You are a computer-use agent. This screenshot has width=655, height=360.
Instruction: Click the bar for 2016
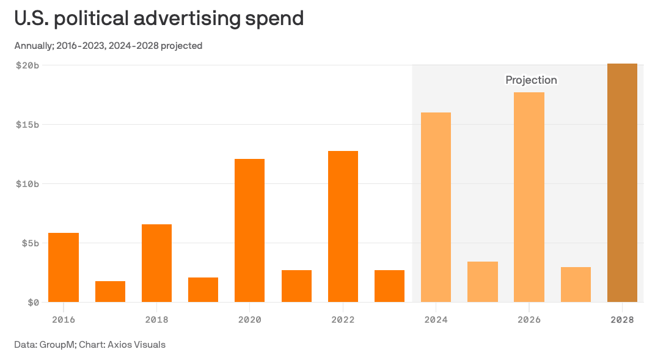tap(64, 267)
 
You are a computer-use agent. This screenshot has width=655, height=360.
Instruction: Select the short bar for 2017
tap(110, 292)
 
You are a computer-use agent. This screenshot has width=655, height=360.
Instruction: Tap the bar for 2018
tap(156, 263)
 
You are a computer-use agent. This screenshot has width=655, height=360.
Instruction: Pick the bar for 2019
tap(203, 290)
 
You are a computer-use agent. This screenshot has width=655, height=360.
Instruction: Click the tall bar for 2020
tap(250, 230)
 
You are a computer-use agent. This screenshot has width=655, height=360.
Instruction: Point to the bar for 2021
tap(296, 286)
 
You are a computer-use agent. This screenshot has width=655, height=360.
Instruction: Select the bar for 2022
tap(343, 226)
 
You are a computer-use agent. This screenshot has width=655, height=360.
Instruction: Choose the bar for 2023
tap(389, 286)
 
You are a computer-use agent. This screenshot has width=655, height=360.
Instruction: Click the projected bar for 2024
tap(436, 207)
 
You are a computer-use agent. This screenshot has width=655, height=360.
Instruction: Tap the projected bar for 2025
tap(483, 282)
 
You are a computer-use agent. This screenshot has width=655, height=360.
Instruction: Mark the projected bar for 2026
tap(529, 197)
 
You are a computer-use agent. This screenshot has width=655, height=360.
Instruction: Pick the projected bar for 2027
tap(576, 284)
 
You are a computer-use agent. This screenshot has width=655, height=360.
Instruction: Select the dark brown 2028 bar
tap(622, 183)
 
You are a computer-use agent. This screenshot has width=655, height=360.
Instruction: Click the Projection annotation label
tap(531, 80)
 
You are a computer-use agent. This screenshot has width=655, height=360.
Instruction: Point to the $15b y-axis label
tap(27, 125)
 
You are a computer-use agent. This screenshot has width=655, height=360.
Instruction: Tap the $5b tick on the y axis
tap(30, 243)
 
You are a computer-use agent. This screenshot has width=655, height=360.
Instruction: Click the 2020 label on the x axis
tap(250, 320)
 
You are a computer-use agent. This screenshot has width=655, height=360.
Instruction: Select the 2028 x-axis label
tap(622, 320)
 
